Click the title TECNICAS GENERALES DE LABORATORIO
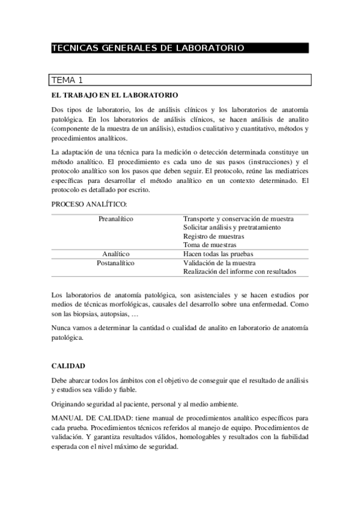(148, 48)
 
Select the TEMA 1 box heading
(67, 80)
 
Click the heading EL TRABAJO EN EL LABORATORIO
(114, 96)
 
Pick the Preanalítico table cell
(116, 219)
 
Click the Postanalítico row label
(116, 263)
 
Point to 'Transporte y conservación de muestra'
(238, 219)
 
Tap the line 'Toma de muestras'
(210, 245)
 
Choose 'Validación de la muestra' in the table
(219, 263)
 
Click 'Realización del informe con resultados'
(239, 271)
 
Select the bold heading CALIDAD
(68, 365)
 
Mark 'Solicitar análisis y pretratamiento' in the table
(231, 227)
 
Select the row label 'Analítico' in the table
(116, 254)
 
